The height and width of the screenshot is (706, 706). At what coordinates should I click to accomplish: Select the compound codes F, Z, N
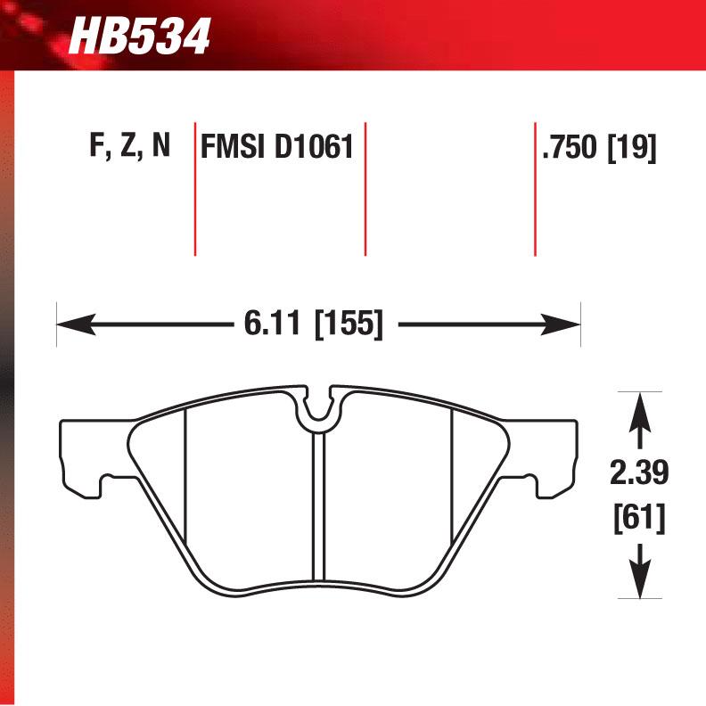coord(129,147)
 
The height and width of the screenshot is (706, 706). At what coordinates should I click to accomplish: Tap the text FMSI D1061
coord(278,147)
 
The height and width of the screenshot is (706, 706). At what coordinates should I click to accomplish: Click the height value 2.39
coord(637,472)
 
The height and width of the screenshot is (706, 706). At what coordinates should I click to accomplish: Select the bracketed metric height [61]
coord(637,517)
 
